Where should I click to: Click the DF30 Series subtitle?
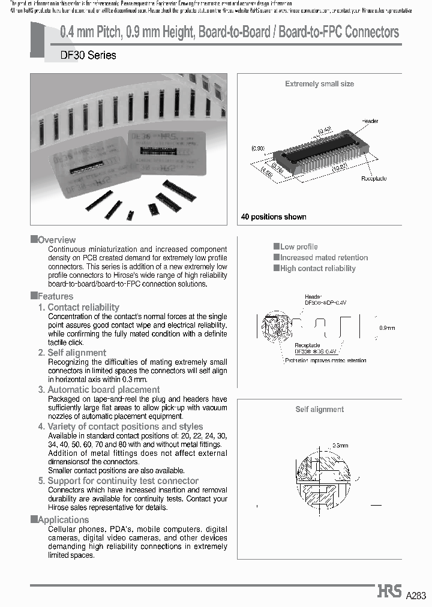(88, 55)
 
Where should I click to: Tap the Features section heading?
(55, 296)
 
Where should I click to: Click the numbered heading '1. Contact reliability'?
(79, 307)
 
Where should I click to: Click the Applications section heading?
(63, 519)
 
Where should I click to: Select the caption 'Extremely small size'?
(319, 84)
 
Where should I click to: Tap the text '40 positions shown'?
(274, 217)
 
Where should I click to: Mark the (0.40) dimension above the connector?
(325, 130)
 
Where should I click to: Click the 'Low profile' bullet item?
(299, 247)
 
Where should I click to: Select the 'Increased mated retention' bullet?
(324, 257)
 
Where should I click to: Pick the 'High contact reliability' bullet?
(317, 268)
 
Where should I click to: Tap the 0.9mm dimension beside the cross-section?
(388, 328)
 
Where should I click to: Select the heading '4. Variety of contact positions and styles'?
(125, 426)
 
